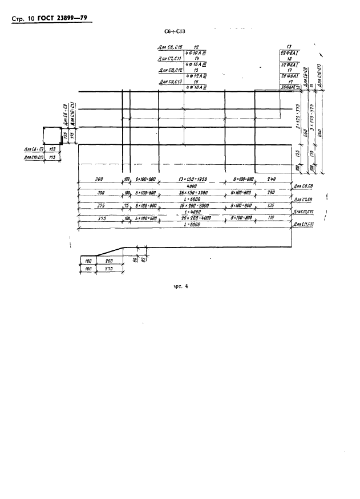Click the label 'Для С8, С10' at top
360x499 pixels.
(x=168, y=47)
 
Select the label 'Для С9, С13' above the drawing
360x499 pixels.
(x=168, y=82)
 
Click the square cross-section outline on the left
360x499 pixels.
(x=53, y=137)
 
